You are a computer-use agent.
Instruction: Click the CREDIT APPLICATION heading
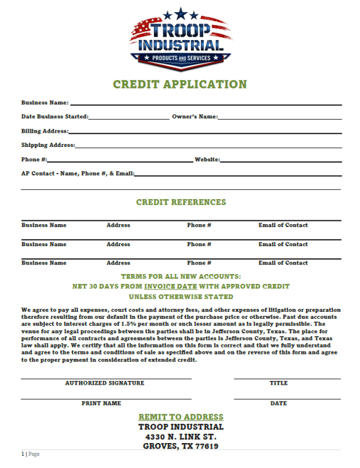click(x=180, y=84)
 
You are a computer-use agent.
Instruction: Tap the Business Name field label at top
click(x=44, y=103)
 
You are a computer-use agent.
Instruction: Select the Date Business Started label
click(x=55, y=116)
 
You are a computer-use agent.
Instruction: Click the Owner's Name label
click(x=195, y=116)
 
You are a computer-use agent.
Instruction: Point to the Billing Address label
click(x=44, y=131)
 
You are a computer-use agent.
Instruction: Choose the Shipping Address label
click(x=48, y=145)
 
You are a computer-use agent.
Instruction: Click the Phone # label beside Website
click(x=34, y=159)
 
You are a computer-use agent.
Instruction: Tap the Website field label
click(x=206, y=159)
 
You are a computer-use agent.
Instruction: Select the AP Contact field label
click(x=77, y=173)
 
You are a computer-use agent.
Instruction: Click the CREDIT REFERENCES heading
click(x=180, y=203)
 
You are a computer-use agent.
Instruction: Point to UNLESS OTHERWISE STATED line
click(x=180, y=297)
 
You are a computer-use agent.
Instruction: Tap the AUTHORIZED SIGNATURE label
click(x=105, y=383)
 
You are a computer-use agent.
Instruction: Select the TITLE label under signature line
click(x=278, y=383)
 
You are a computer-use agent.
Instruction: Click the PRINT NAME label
click(x=101, y=403)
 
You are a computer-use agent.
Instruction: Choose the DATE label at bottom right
click(x=279, y=403)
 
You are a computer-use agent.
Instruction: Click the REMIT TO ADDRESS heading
click(x=180, y=417)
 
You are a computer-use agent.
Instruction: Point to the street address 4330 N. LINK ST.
click(x=180, y=437)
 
